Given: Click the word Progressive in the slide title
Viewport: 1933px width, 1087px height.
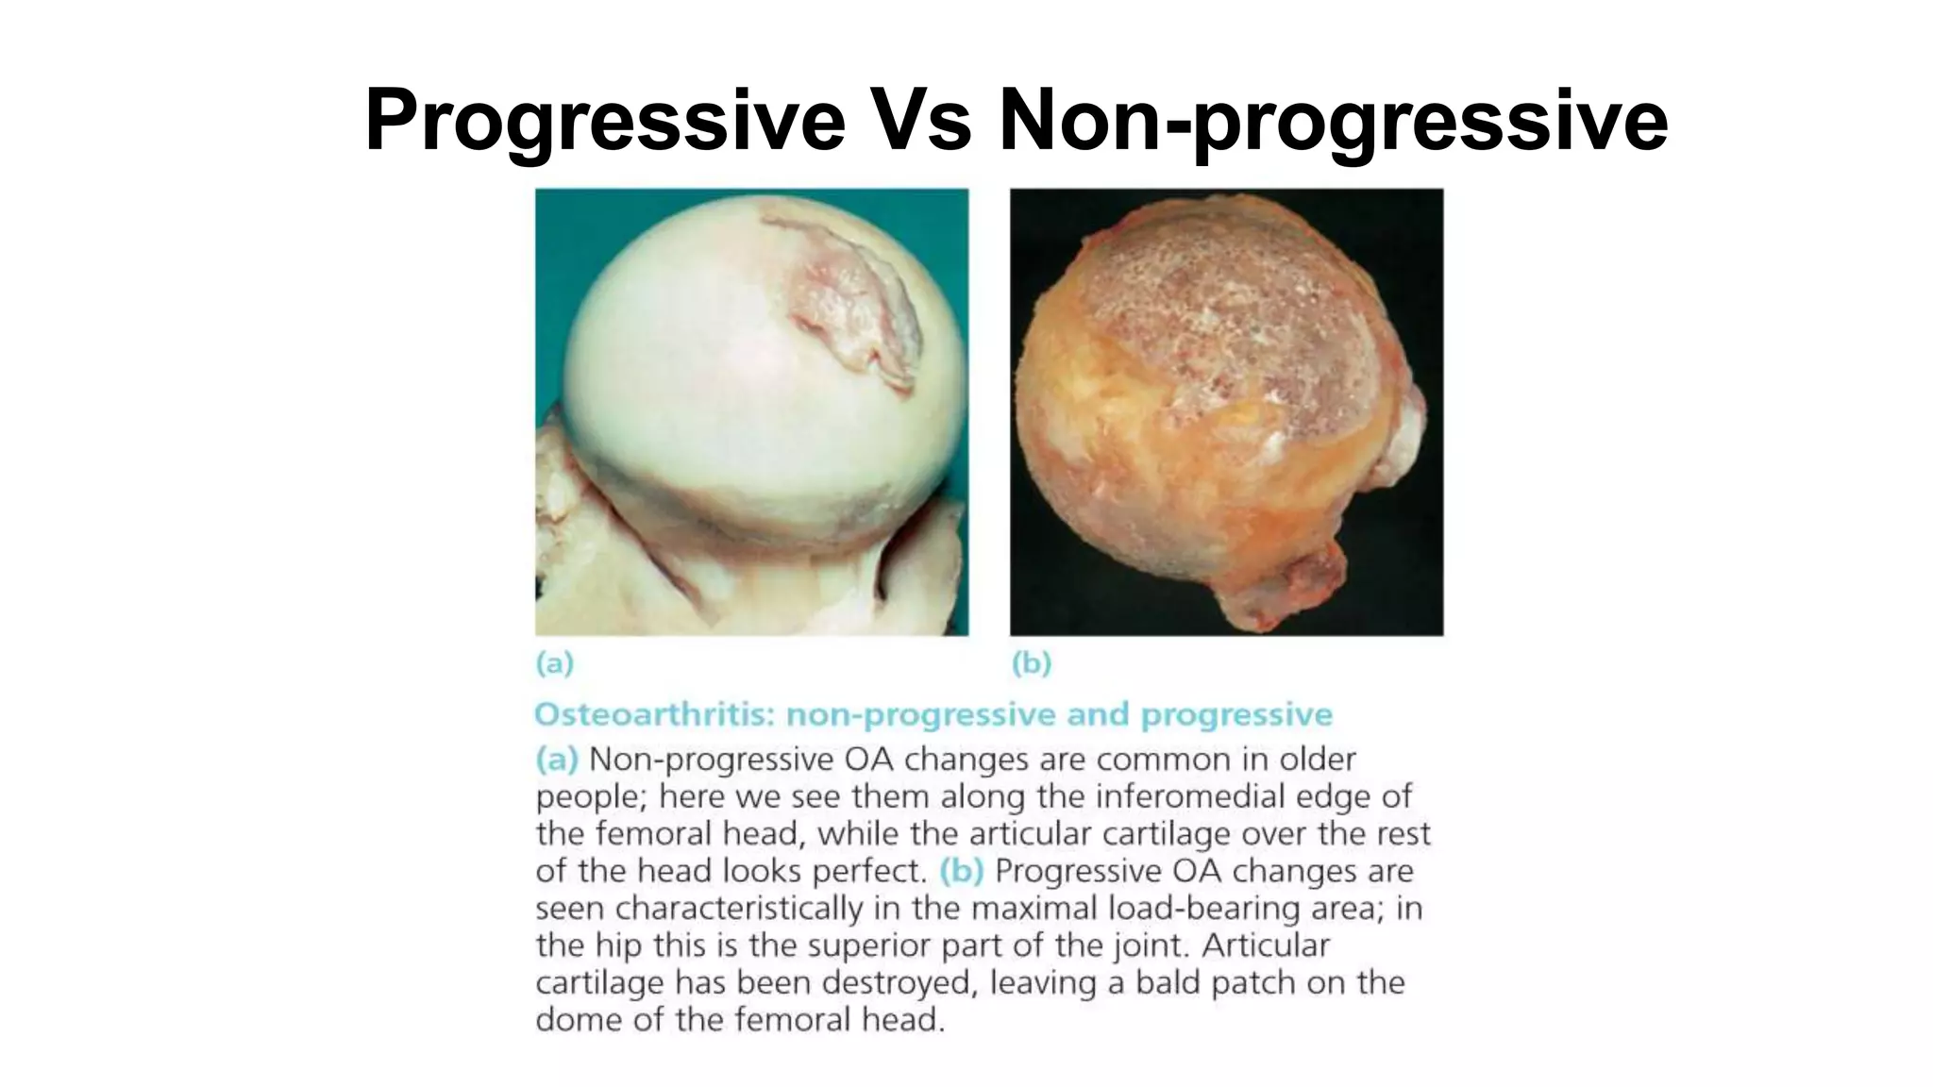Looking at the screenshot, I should pos(604,121).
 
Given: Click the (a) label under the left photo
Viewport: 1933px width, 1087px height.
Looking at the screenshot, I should pos(555,664).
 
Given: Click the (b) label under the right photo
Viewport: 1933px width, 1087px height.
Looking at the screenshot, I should pos(1031,664).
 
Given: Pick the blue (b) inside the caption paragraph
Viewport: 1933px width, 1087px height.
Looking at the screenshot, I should pos(962,871).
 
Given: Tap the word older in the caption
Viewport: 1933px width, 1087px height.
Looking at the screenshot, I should pos(1317,760).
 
